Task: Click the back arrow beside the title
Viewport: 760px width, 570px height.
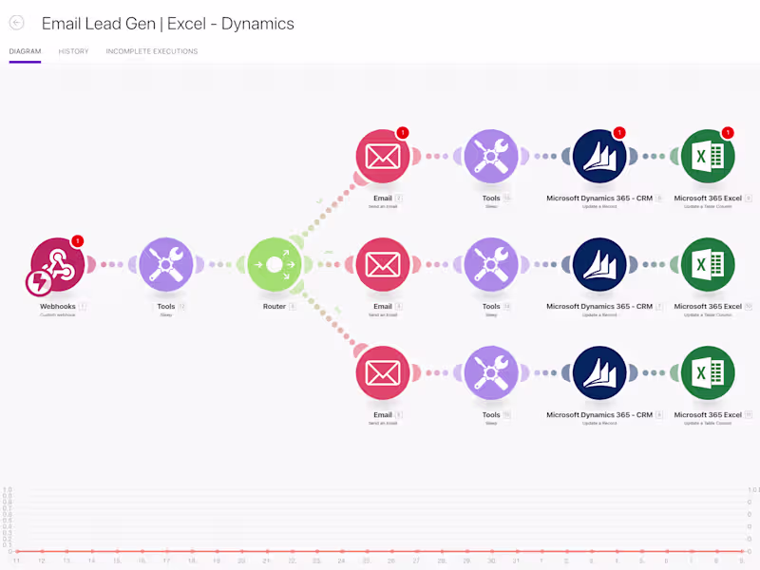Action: coord(16,23)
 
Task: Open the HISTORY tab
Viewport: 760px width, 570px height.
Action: coord(73,51)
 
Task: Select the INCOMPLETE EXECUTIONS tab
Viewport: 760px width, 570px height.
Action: coord(152,51)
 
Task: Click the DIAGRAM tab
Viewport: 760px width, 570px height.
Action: coord(25,51)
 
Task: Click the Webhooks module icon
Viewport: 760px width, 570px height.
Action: coord(58,264)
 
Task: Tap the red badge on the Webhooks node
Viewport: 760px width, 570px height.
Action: coord(78,241)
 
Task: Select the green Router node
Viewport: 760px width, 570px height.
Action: coord(275,264)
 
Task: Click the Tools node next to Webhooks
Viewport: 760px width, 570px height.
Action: coord(166,264)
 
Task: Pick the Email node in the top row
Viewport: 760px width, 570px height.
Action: coord(383,156)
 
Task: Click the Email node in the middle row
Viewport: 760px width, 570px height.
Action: coord(383,264)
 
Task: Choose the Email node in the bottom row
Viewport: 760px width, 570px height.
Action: coord(383,372)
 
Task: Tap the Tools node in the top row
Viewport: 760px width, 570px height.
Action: coord(491,156)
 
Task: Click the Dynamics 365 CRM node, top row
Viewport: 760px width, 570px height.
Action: coord(599,156)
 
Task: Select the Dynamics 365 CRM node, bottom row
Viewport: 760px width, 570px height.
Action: coord(599,372)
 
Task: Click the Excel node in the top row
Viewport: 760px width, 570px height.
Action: coord(708,156)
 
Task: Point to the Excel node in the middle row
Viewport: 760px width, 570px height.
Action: coord(708,264)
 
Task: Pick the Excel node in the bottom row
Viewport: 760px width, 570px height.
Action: coord(708,372)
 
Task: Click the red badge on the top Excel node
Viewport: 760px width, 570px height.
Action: coord(728,133)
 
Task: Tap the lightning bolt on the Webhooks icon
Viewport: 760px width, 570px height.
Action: coord(39,282)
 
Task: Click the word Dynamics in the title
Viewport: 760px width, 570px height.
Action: coord(257,24)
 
